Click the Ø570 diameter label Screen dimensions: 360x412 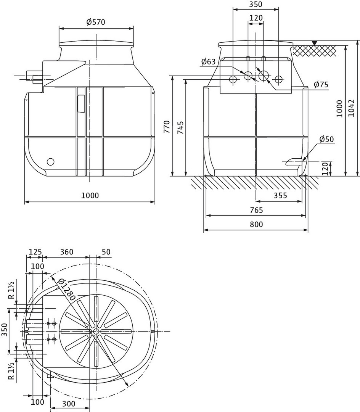(x=96, y=22)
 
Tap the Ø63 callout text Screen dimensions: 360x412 (x=208, y=62)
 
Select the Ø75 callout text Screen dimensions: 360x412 (x=321, y=85)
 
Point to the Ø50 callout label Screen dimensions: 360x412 (x=327, y=139)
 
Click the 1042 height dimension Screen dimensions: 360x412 (x=351, y=108)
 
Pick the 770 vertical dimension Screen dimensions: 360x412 (x=167, y=126)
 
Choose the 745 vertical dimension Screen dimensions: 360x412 (x=180, y=128)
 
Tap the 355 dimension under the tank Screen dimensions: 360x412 (x=280, y=195)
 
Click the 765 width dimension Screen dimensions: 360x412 (x=256, y=210)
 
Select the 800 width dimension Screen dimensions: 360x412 (x=256, y=224)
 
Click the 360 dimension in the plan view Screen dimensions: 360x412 (x=67, y=252)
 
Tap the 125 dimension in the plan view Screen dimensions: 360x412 (x=35, y=252)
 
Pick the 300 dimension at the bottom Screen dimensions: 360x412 (x=69, y=404)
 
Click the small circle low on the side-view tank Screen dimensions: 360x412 (x=50, y=162)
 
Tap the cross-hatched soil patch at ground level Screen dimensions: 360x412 (x=315, y=51)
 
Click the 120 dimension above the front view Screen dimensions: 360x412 (x=256, y=18)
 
